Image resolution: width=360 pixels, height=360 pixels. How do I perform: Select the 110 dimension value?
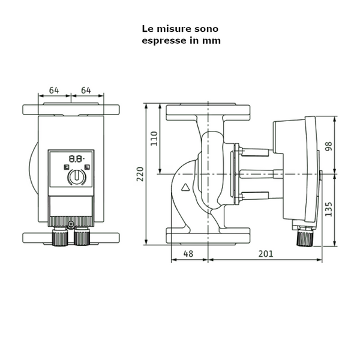pos(154,139)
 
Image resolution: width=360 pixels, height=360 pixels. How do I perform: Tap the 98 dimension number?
pos(328,146)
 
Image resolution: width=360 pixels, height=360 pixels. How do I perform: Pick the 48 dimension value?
pos(188,254)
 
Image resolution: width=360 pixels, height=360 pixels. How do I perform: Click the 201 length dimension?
pos(266,254)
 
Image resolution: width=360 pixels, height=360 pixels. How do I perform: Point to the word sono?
pos(205,28)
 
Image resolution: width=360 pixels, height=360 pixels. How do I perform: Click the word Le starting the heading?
pos(147,28)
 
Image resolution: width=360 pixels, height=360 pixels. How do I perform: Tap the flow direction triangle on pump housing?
pos(185,187)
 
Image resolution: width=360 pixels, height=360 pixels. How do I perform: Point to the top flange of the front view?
pos(71,110)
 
